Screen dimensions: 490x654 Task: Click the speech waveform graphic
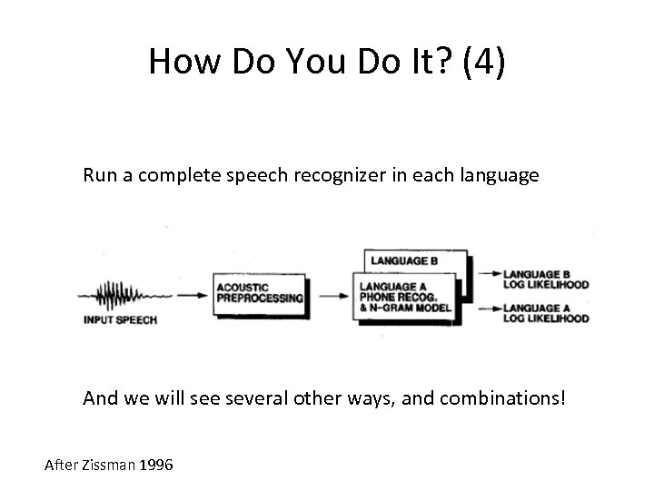[126, 295]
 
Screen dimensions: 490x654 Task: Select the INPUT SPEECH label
[120, 319]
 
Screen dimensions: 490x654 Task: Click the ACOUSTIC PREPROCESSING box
[260, 295]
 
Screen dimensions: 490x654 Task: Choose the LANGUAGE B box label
[403, 261]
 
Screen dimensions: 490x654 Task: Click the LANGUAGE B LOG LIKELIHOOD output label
[545, 279]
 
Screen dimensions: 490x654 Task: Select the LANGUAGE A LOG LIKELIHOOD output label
[545, 313]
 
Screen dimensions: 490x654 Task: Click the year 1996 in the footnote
[157, 465]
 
